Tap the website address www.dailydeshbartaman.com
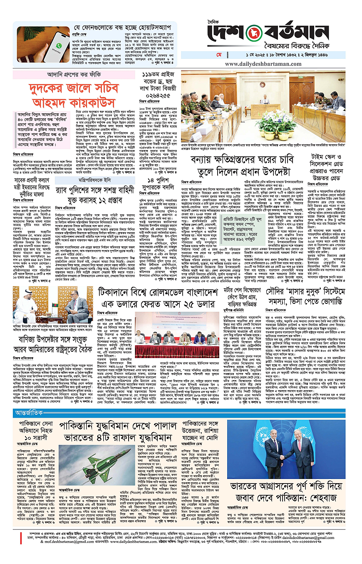[x=263, y=64]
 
